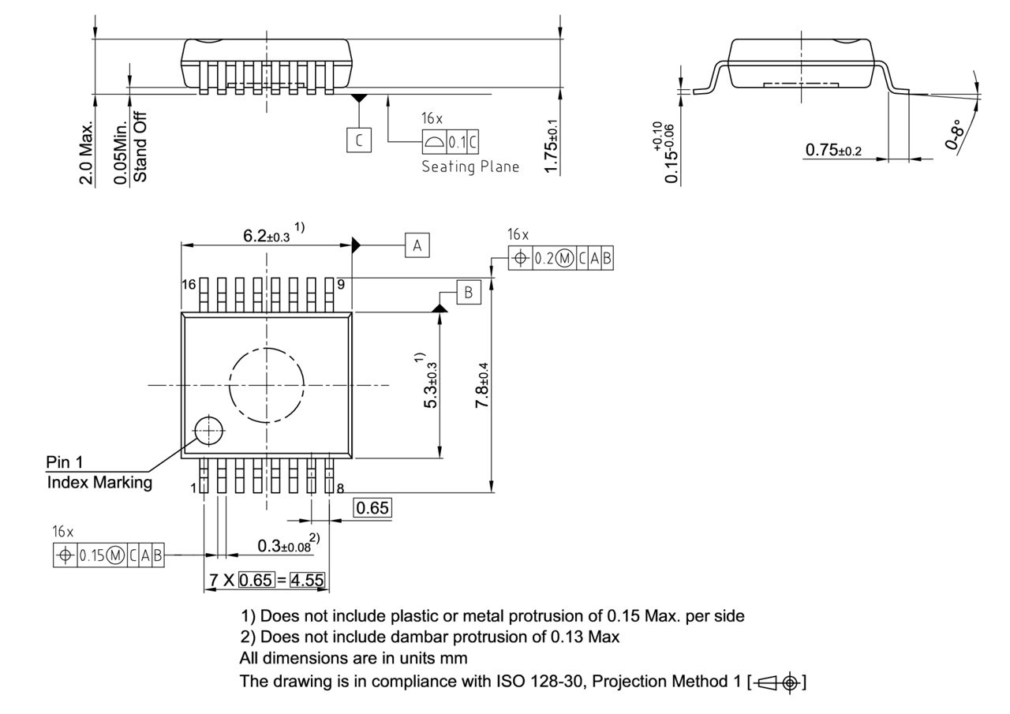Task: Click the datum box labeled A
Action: point(417,245)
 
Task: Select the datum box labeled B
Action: point(468,293)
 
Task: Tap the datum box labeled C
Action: point(358,140)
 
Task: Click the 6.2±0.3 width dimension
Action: point(268,235)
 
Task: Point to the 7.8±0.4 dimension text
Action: point(483,385)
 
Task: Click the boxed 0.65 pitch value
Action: point(372,508)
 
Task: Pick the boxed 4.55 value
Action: point(307,581)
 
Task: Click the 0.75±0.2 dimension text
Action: point(833,150)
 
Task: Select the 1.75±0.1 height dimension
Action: point(552,146)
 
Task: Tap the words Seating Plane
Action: point(470,166)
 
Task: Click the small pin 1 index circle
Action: point(209,430)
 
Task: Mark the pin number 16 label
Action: point(189,284)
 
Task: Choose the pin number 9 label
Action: point(341,283)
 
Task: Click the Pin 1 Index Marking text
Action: point(99,473)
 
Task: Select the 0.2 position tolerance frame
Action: point(560,258)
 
